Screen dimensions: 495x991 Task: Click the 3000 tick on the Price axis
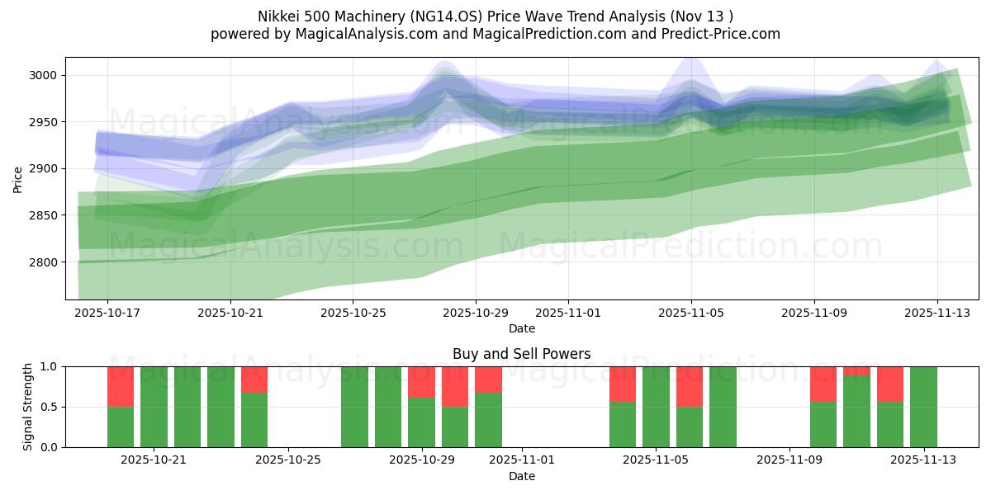(x=46, y=75)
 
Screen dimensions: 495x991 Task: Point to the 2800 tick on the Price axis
(x=46, y=262)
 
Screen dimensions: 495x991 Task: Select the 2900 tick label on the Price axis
(x=46, y=169)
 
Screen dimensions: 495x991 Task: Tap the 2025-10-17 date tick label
(x=107, y=313)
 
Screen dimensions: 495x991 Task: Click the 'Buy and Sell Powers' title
(x=521, y=354)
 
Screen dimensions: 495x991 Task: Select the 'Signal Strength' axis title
(x=28, y=407)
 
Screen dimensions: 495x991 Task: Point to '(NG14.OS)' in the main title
(x=486, y=16)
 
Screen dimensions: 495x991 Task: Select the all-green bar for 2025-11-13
(x=923, y=407)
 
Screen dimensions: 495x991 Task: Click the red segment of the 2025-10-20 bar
(x=121, y=386)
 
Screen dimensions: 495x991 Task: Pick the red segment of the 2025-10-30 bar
(x=488, y=379)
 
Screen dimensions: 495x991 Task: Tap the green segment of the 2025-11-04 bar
(x=623, y=424)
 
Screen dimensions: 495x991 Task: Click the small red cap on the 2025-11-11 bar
(x=856, y=371)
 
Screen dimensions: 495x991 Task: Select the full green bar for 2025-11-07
(x=723, y=407)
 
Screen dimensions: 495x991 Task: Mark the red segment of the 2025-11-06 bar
(x=690, y=386)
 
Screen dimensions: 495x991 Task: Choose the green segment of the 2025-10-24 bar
(x=254, y=420)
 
